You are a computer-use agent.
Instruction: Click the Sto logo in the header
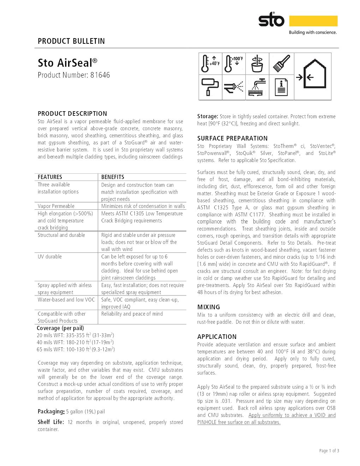tap(271, 20)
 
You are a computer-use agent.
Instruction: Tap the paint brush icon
tap(281, 64)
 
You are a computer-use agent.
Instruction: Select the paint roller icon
tap(210, 87)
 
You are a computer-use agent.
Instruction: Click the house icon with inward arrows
tap(313, 76)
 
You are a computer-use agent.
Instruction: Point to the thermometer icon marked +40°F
tap(210, 64)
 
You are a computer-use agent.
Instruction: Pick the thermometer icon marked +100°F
tap(234, 64)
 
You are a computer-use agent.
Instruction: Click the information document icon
tap(281, 87)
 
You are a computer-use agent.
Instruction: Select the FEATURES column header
tap(50, 177)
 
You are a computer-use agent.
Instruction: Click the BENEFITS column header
tap(113, 177)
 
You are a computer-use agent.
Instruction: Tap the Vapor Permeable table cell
tap(56, 206)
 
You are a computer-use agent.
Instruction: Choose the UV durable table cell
tap(50, 257)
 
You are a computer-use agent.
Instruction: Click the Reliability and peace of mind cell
tap(132, 314)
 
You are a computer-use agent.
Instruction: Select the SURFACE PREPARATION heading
tap(232, 138)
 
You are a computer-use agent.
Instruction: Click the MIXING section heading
tap(209, 307)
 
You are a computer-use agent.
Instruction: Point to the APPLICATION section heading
tap(217, 337)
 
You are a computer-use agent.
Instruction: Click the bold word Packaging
tap(51, 412)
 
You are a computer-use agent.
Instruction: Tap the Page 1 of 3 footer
tap(329, 451)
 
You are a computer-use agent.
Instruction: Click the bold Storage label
tap(208, 116)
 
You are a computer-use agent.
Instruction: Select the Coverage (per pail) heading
tap(60, 328)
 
